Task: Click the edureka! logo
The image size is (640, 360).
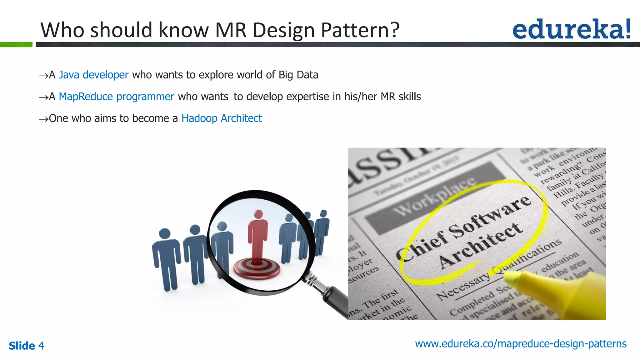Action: tap(571, 29)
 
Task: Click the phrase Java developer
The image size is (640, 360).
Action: tap(93, 75)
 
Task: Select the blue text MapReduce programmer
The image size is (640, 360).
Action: tap(116, 97)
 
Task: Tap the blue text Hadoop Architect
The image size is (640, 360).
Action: tap(222, 118)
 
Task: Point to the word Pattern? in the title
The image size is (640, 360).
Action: tap(360, 30)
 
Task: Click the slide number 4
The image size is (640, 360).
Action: tap(41, 346)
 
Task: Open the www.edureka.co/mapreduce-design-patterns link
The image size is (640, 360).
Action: tap(521, 344)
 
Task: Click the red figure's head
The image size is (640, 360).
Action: tap(258, 214)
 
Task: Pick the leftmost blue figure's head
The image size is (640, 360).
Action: tap(165, 234)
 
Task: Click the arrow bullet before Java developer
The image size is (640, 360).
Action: tap(43, 76)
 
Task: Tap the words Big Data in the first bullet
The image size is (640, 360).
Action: tap(298, 75)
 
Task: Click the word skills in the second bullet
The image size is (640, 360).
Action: tap(410, 97)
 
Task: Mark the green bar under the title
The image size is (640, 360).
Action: tap(16, 45)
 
